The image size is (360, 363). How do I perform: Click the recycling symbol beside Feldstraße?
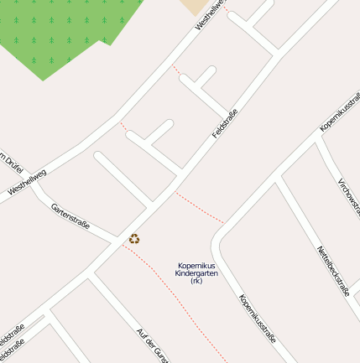[134, 239]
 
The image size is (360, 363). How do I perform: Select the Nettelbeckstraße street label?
[333, 271]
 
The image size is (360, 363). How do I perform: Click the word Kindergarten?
[196, 273]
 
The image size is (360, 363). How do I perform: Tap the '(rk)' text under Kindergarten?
[196, 281]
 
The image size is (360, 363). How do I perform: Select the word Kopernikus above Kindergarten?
[196, 266]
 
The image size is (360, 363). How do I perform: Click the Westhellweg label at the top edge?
[211, 15]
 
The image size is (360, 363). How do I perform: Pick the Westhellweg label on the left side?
[28, 187]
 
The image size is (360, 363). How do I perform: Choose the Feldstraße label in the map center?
[225, 124]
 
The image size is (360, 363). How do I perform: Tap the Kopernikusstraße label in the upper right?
[339, 113]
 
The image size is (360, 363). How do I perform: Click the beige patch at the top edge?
[196, 6]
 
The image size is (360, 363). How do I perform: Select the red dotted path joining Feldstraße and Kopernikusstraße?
[200, 207]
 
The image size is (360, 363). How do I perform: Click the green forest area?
[59, 34]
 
